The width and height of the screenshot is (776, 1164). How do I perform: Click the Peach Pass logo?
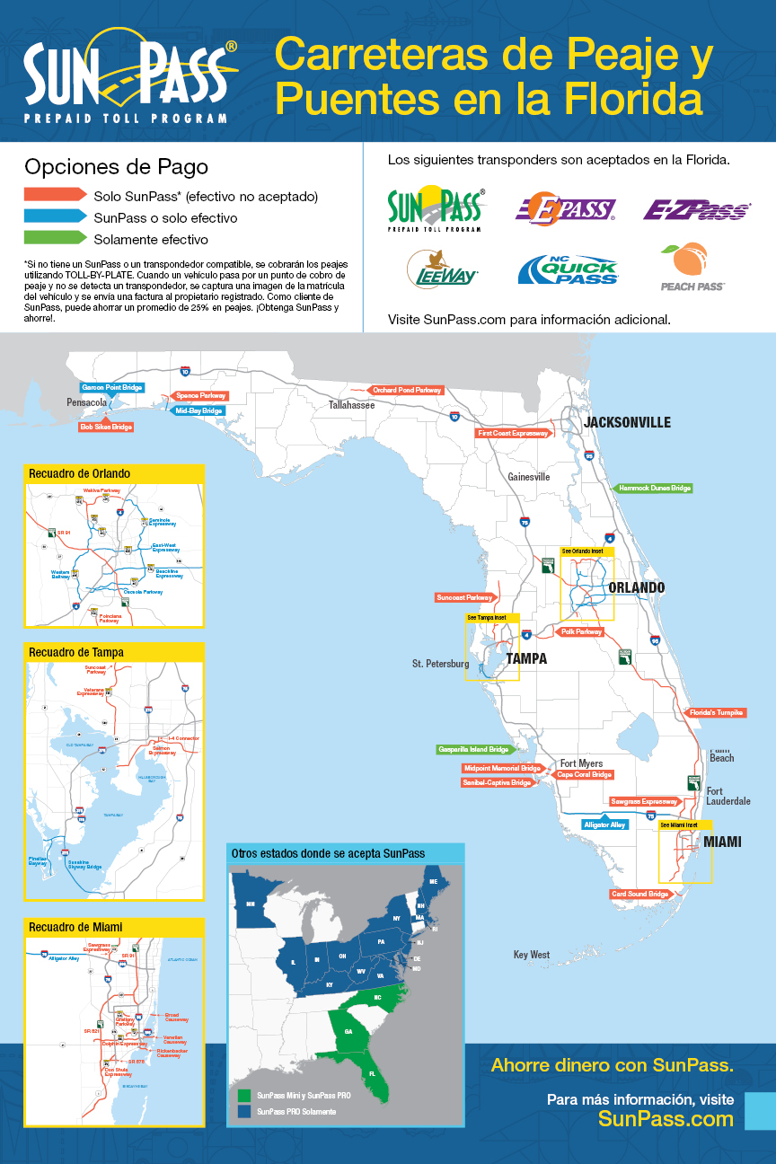(692, 268)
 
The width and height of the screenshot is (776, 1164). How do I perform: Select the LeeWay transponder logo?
(442, 268)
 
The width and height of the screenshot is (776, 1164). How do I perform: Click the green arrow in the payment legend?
(55, 240)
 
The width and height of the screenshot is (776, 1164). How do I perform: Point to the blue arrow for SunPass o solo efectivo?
(55, 217)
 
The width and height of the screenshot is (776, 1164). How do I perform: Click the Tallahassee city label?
(351, 405)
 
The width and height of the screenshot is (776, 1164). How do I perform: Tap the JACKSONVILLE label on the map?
(627, 422)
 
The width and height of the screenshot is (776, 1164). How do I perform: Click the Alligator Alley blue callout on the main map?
(604, 824)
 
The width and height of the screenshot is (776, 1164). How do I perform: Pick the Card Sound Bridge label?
(640, 895)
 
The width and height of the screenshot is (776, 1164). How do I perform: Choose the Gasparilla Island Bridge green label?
(473, 749)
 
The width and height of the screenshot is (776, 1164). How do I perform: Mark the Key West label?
(532, 955)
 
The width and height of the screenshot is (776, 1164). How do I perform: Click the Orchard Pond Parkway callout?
(407, 391)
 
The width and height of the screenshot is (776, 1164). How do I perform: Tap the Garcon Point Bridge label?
(113, 387)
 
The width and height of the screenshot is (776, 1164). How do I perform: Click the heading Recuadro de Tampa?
(76, 652)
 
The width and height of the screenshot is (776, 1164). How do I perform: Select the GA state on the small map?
(348, 1032)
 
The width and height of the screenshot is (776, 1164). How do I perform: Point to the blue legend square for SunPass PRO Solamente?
(244, 1111)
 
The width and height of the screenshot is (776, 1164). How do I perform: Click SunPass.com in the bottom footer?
(666, 1119)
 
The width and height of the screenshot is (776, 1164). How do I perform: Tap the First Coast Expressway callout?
(512, 433)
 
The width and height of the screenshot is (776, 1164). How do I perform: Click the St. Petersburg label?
(440, 664)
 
